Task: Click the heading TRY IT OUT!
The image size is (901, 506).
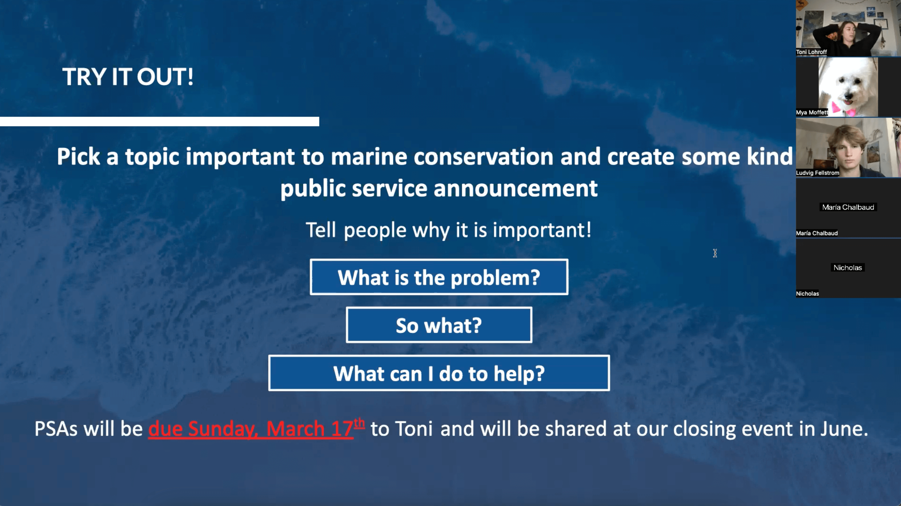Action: tap(128, 77)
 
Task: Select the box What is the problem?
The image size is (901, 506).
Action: tap(439, 277)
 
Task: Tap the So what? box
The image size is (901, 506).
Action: tap(439, 325)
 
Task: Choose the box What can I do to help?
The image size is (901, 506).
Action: tap(439, 373)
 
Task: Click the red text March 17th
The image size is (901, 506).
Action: tap(315, 428)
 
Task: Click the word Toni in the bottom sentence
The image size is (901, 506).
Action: tap(414, 429)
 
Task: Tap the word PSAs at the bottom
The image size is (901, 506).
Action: tap(56, 429)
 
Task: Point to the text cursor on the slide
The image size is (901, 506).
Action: tap(715, 253)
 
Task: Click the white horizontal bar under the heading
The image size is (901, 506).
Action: tap(159, 122)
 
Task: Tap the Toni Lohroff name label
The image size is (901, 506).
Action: tap(811, 52)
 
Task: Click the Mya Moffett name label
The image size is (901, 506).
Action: tap(812, 112)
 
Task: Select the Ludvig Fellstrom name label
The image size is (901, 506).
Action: tap(817, 173)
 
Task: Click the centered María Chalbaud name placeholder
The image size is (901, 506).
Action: tap(848, 207)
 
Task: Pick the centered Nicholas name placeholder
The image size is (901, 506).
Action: tap(847, 268)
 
